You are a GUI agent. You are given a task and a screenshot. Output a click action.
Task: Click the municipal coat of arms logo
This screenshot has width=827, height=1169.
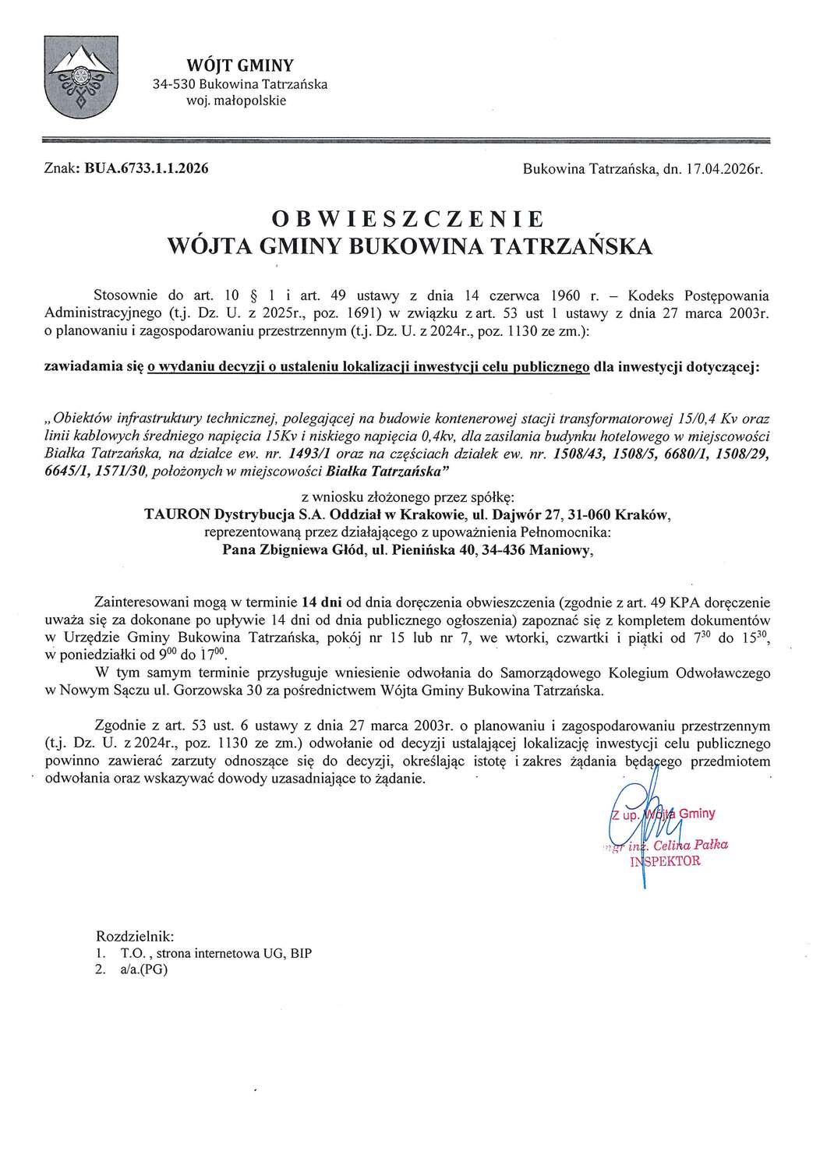77,82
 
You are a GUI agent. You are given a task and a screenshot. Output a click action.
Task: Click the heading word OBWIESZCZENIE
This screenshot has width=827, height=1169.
413,217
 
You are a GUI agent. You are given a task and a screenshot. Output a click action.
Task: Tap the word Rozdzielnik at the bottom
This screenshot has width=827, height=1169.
134,934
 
